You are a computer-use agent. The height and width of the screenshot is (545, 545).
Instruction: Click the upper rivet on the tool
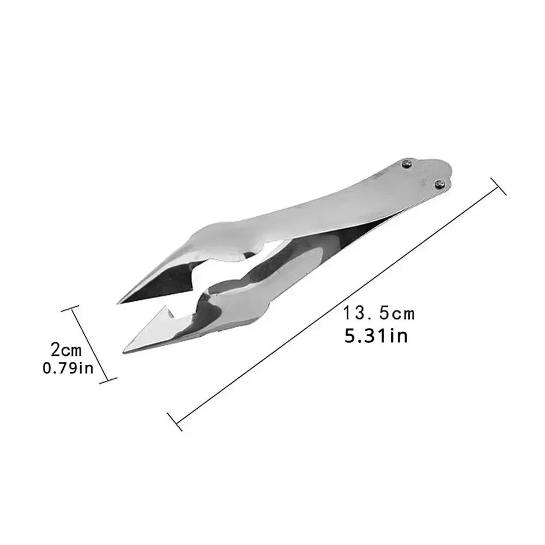point(407,163)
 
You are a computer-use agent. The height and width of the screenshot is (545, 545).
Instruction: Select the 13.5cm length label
point(379,313)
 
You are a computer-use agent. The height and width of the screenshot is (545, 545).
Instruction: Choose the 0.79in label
point(68,368)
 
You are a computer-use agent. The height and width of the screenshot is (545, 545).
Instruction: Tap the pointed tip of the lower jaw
point(125,350)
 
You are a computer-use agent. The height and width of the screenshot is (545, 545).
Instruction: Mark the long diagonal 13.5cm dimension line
point(338,302)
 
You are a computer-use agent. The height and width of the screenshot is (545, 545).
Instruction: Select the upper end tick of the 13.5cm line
point(499,186)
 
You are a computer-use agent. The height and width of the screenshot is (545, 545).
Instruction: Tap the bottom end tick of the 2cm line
point(112,380)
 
